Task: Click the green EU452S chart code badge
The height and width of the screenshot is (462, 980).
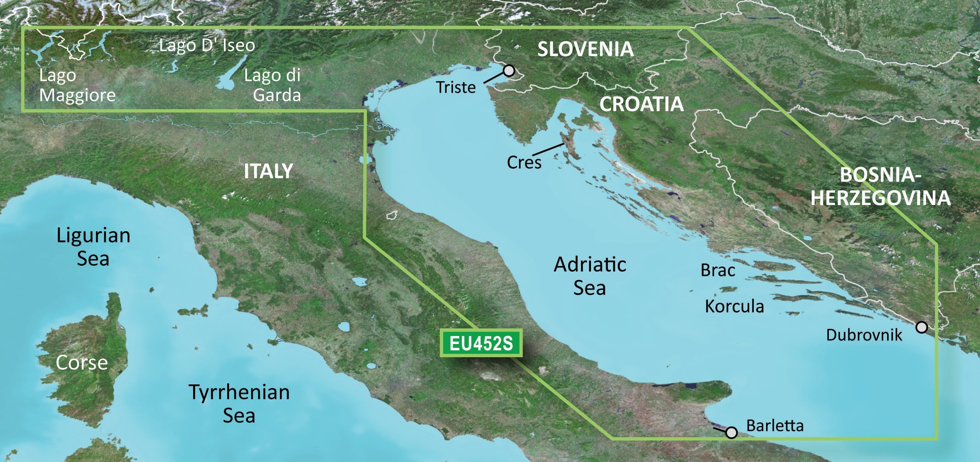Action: click(x=481, y=343)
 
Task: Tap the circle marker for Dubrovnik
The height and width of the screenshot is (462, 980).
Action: click(x=922, y=327)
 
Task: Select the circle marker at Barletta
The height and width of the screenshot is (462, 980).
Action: click(x=731, y=432)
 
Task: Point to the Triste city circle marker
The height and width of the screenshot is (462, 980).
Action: click(x=509, y=71)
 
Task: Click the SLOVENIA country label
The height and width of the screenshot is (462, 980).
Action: click(x=585, y=49)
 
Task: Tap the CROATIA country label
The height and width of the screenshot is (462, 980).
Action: click(x=641, y=104)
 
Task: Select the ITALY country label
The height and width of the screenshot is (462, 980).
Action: click(x=268, y=171)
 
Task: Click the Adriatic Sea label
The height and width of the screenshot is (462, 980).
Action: click(x=590, y=276)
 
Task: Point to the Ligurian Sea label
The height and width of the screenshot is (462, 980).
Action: click(x=93, y=247)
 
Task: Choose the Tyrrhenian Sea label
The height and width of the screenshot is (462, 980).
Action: click(x=239, y=403)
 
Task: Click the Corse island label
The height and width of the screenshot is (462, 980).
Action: click(x=82, y=362)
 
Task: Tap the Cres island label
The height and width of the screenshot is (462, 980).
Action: click(x=524, y=162)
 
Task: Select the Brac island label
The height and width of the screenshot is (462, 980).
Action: click(x=718, y=270)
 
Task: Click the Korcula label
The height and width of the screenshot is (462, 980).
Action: click(x=734, y=306)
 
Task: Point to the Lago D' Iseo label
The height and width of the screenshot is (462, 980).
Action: click(x=207, y=45)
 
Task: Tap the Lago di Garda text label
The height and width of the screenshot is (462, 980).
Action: click(x=273, y=85)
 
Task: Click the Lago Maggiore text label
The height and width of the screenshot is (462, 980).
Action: click(x=77, y=85)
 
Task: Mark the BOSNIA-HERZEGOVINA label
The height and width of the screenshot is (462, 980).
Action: click(x=880, y=186)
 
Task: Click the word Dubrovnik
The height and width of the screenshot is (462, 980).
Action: click(x=864, y=334)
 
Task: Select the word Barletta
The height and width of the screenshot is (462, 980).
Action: click(x=774, y=425)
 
